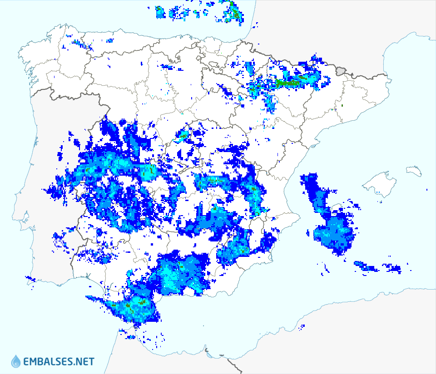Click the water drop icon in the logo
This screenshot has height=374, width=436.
click(16, 361)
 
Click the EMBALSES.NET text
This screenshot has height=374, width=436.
click(59, 362)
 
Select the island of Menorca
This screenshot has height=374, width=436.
click(414, 171)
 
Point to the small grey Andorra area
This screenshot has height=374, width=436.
click(342, 71)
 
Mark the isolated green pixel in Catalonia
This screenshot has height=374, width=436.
click(342, 106)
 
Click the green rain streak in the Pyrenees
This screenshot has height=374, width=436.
click(291, 83)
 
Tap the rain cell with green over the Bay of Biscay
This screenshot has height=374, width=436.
click(234, 11)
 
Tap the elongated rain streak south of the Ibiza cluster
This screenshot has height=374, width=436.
click(366, 266)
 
